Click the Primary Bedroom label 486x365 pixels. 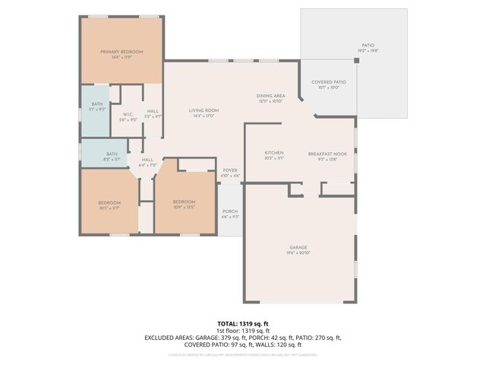(121, 53)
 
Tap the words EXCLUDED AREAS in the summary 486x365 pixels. (169, 338)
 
